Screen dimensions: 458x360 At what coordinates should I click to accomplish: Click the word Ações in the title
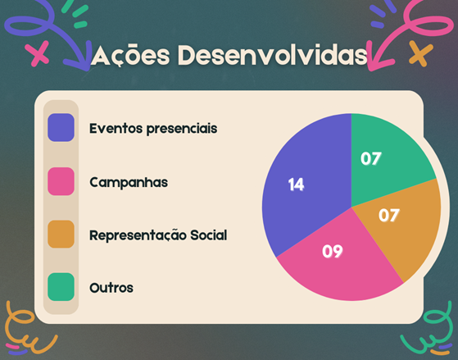tap(130, 55)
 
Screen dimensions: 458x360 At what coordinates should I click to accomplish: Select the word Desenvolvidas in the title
tap(272, 55)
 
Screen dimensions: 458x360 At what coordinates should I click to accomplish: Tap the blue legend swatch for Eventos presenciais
tap(61, 127)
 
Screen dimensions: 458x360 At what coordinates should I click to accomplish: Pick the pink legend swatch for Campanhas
tap(61, 181)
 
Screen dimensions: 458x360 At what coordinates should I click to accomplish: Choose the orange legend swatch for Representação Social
tap(61, 235)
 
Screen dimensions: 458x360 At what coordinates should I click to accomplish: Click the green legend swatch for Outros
tap(61, 287)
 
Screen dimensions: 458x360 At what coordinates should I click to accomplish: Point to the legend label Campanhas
tap(129, 183)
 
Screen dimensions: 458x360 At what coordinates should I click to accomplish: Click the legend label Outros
tap(111, 288)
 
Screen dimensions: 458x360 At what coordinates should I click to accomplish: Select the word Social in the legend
tap(209, 235)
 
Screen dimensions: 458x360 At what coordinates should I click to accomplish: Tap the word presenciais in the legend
tap(182, 129)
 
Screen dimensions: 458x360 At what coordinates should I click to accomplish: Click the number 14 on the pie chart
tap(296, 185)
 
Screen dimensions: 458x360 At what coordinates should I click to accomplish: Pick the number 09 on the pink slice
tap(333, 251)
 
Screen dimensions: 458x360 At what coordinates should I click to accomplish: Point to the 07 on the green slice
tap(371, 158)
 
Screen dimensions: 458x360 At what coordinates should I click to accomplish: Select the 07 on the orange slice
tap(389, 215)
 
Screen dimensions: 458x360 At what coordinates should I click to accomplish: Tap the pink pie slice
tap(339, 263)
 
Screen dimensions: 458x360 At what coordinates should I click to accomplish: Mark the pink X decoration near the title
tap(37, 54)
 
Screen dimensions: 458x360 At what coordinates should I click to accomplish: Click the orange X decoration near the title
tap(420, 53)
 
